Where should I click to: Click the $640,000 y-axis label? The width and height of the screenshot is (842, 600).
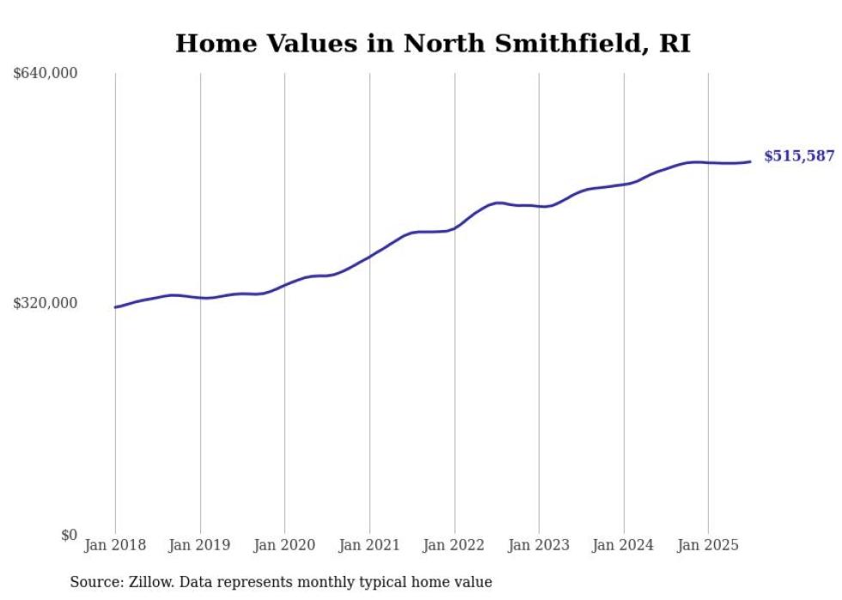pyautogui.click(x=46, y=73)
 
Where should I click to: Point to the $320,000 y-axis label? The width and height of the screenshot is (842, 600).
pyautogui.click(x=46, y=303)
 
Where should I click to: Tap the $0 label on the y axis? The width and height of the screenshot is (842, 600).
pyautogui.click(x=69, y=535)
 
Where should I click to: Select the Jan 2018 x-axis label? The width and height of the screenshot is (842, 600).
pyautogui.click(x=115, y=545)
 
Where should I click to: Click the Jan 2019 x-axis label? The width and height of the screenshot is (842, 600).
pyautogui.click(x=199, y=545)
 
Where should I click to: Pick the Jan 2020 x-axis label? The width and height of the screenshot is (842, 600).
pyautogui.click(x=284, y=545)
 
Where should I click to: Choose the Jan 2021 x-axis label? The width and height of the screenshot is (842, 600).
pyautogui.click(x=369, y=545)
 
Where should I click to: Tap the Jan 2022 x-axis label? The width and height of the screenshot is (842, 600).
pyautogui.click(x=454, y=545)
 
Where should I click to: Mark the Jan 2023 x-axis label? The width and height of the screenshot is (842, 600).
pyautogui.click(x=539, y=545)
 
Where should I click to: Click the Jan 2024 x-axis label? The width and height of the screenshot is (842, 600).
pyautogui.click(x=623, y=545)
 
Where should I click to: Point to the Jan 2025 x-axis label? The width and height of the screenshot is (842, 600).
pyautogui.click(x=708, y=545)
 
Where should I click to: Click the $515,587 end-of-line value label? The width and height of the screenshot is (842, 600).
pyautogui.click(x=799, y=156)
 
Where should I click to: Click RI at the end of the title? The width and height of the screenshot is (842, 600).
pyautogui.click(x=674, y=44)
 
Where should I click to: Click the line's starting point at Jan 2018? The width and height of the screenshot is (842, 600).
pyautogui.click(x=115, y=306)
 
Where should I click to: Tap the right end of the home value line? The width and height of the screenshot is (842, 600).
pyautogui.click(x=751, y=161)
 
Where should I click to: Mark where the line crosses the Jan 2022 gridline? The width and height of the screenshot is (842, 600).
pyautogui.click(x=455, y=228)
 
